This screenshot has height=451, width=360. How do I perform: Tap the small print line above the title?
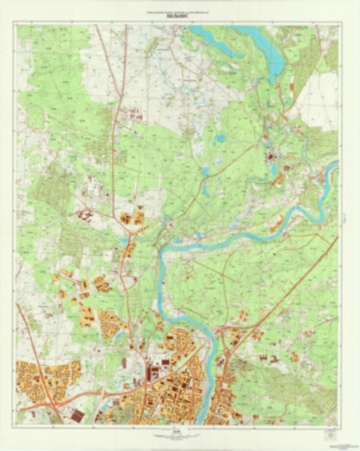coord(180,12)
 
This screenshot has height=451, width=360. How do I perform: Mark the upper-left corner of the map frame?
coord(18,25)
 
